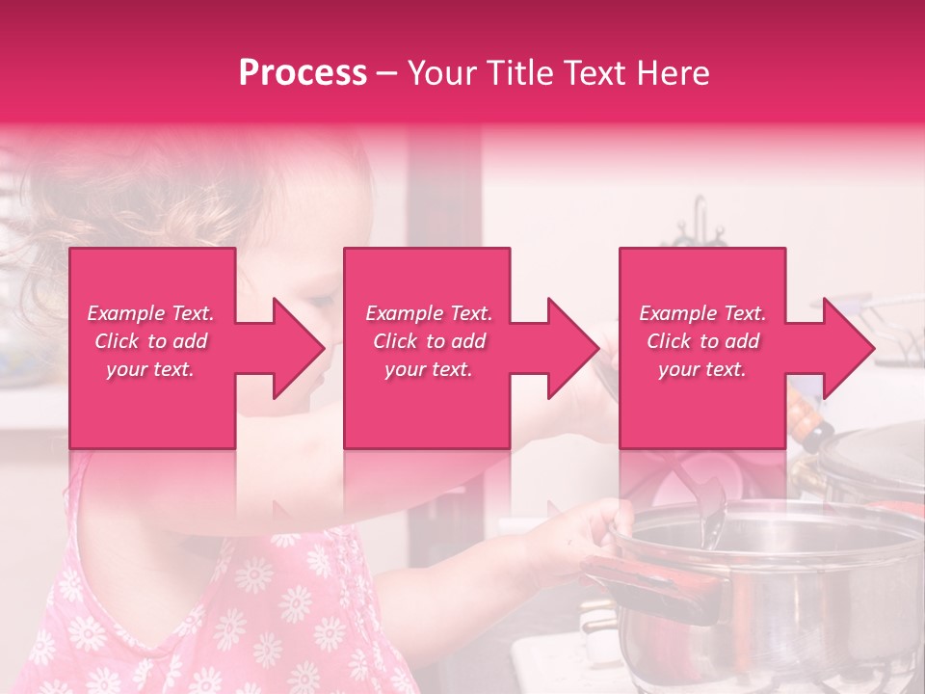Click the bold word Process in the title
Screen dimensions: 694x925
click(x=303, y=72)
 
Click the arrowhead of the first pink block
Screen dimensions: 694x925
click(x=299, y=348)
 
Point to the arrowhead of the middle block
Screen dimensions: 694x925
click(x=573, y=348)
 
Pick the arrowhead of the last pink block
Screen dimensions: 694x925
click(x=849, y=348)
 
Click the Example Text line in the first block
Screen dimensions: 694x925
click(x=150, y=313)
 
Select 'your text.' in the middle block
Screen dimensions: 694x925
click(x=428, y=369)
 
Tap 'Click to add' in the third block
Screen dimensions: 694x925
click(x=703, y=341)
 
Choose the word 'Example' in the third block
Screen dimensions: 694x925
click(x=678, y=313)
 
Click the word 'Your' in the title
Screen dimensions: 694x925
click(x=440, y=72)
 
